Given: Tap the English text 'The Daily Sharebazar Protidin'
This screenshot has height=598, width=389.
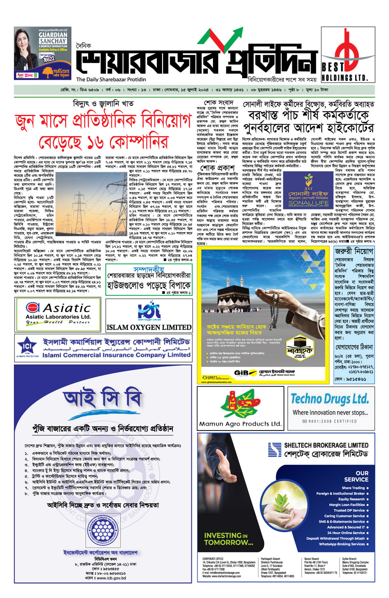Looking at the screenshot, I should pos(111,79).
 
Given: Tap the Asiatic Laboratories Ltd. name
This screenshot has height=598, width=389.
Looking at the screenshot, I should pos(58,317).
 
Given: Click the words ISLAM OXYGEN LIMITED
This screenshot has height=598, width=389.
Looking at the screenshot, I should pos(149,328).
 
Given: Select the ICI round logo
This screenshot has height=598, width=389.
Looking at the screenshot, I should pos(27,347).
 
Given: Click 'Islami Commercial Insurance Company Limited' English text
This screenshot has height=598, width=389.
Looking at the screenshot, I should pos(116,355).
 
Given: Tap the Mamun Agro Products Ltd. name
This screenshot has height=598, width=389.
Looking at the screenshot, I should pos(240,423).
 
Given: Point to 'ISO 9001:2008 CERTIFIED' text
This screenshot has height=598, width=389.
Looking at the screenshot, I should pos(329,421).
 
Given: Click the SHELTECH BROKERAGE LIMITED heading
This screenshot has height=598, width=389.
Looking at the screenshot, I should pos(326,445).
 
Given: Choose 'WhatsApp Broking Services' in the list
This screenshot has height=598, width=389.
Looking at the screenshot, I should pos(342,544).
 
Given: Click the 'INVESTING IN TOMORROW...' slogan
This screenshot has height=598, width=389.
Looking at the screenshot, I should pos(228,539).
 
